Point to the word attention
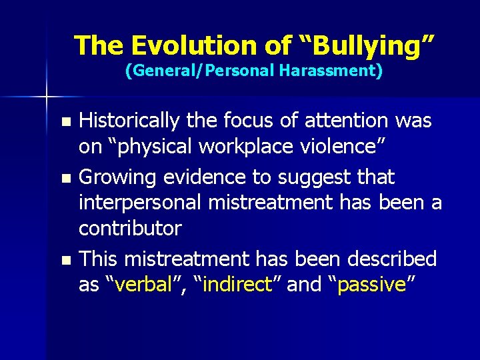350,121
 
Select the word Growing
117,177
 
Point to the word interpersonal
141,201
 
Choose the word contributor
130,228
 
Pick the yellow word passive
371,284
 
